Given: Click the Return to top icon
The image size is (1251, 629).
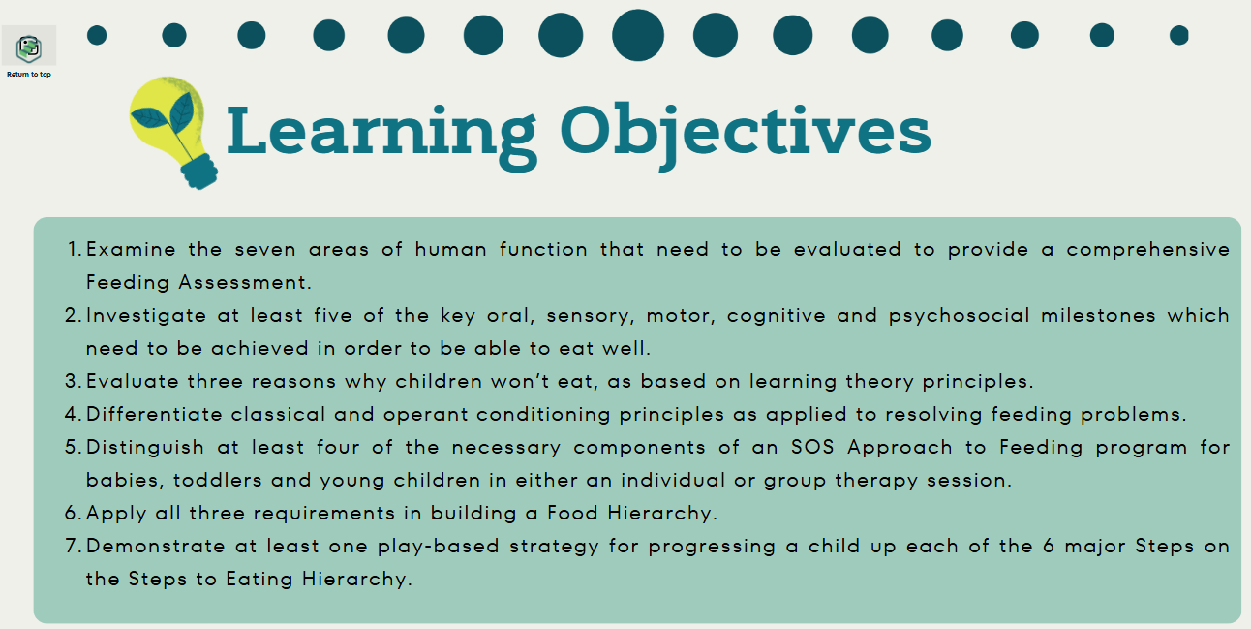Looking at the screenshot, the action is coord(29,48).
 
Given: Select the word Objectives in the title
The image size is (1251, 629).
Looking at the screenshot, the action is coord(746,134).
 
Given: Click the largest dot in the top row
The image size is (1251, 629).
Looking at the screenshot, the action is coord(638,35).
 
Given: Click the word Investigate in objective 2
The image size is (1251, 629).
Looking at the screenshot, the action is coord(146,316).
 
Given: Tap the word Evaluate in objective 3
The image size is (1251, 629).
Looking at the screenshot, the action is coord(133,381).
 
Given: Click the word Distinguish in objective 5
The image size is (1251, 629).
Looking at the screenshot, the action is coord(145,448).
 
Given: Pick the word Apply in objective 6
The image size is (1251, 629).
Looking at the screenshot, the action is coord(116,514).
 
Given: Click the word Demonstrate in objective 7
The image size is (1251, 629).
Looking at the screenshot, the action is coord(155,547).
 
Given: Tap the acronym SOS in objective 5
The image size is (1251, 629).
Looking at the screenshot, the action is coord(812,448).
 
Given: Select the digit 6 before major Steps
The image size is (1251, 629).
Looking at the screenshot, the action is coord(1049,546).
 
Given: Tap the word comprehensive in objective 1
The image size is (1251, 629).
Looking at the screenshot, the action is coord(1147,250).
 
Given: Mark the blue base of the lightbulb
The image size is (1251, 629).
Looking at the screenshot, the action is coord(199,172).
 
